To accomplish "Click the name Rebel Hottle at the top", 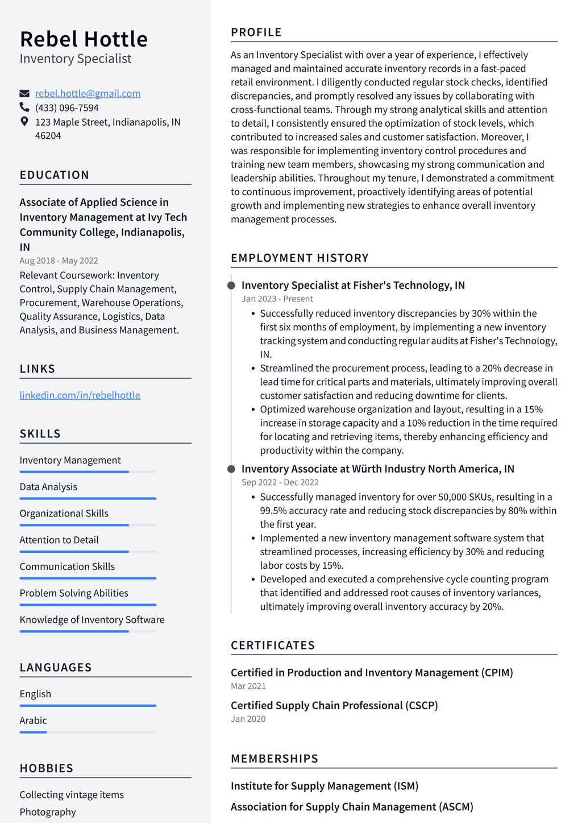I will [x=84, y=39].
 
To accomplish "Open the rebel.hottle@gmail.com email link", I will [x=88, y=93].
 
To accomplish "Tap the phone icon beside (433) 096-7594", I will [x=24, y=107].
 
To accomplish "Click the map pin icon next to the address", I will [x=24, y=122].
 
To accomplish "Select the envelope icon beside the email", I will [x=24, y=93].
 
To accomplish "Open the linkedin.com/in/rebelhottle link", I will [x=80, y=395].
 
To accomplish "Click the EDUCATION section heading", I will [x=54, y=175].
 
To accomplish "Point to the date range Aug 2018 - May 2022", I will [x=59, y=260].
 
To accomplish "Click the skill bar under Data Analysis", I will [x=88, y=498].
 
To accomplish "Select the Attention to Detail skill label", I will [x=59, y=540].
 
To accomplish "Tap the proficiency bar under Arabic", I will [x=88, y=732].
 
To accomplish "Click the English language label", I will [x=35, y=694].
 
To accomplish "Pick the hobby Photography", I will [x=48, y=812].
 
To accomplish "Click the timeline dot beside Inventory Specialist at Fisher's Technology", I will [x=231, y=286].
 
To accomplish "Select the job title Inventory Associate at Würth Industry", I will [x=377, y=469].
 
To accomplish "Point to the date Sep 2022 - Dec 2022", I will [x=280, y=482].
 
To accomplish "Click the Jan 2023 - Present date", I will [x=277, y=299].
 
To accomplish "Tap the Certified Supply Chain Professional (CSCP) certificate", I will [x=334, y=705].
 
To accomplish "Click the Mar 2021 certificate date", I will [x=248, y=686].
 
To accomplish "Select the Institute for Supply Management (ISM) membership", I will [x=324, y=786].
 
